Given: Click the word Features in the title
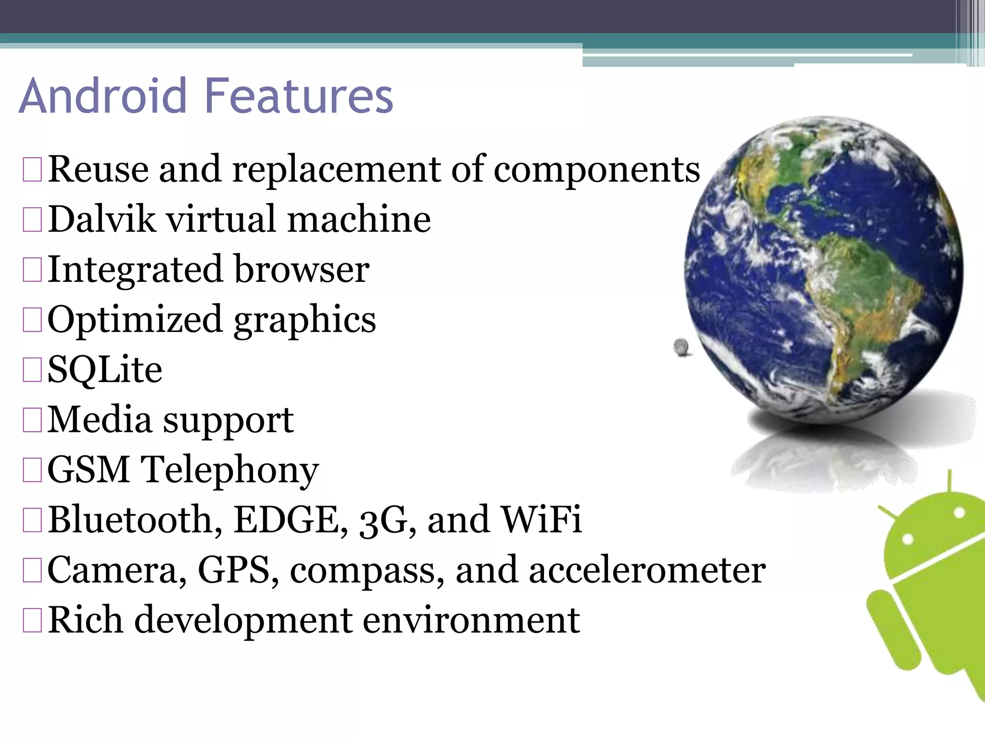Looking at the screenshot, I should tap(299, 96).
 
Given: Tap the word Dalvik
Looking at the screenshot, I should tap(101, 219).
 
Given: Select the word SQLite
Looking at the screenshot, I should tap(105, 369).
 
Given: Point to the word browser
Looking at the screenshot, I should tap(302, 269).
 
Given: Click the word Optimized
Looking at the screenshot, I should tap(135, 319).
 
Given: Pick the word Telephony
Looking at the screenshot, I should tap(229, 470).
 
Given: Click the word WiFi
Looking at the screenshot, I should tap(541, 520).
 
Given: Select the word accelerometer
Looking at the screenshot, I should tap(647, 570).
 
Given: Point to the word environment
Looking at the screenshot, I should tap(471, 620).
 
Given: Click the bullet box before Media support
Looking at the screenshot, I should tap(32, 420).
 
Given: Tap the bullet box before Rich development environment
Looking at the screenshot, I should tap(32, 620).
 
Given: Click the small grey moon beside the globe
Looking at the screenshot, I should tap(681, 346).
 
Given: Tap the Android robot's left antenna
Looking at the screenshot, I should tap(889, 513).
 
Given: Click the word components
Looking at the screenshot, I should tap(597, 169).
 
